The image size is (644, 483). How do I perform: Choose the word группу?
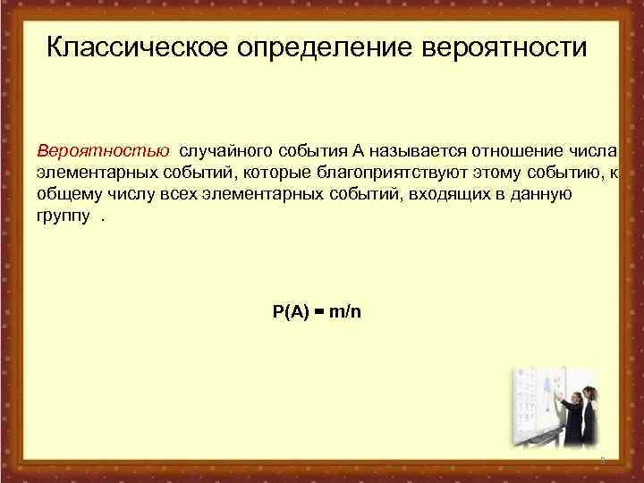coord(63,216)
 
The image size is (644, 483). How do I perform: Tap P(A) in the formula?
coord(291,312)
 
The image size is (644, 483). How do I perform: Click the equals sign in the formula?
coord(319,312)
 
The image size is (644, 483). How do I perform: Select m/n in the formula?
coord(345,312)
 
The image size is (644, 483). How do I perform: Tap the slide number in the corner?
coord(602,461)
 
